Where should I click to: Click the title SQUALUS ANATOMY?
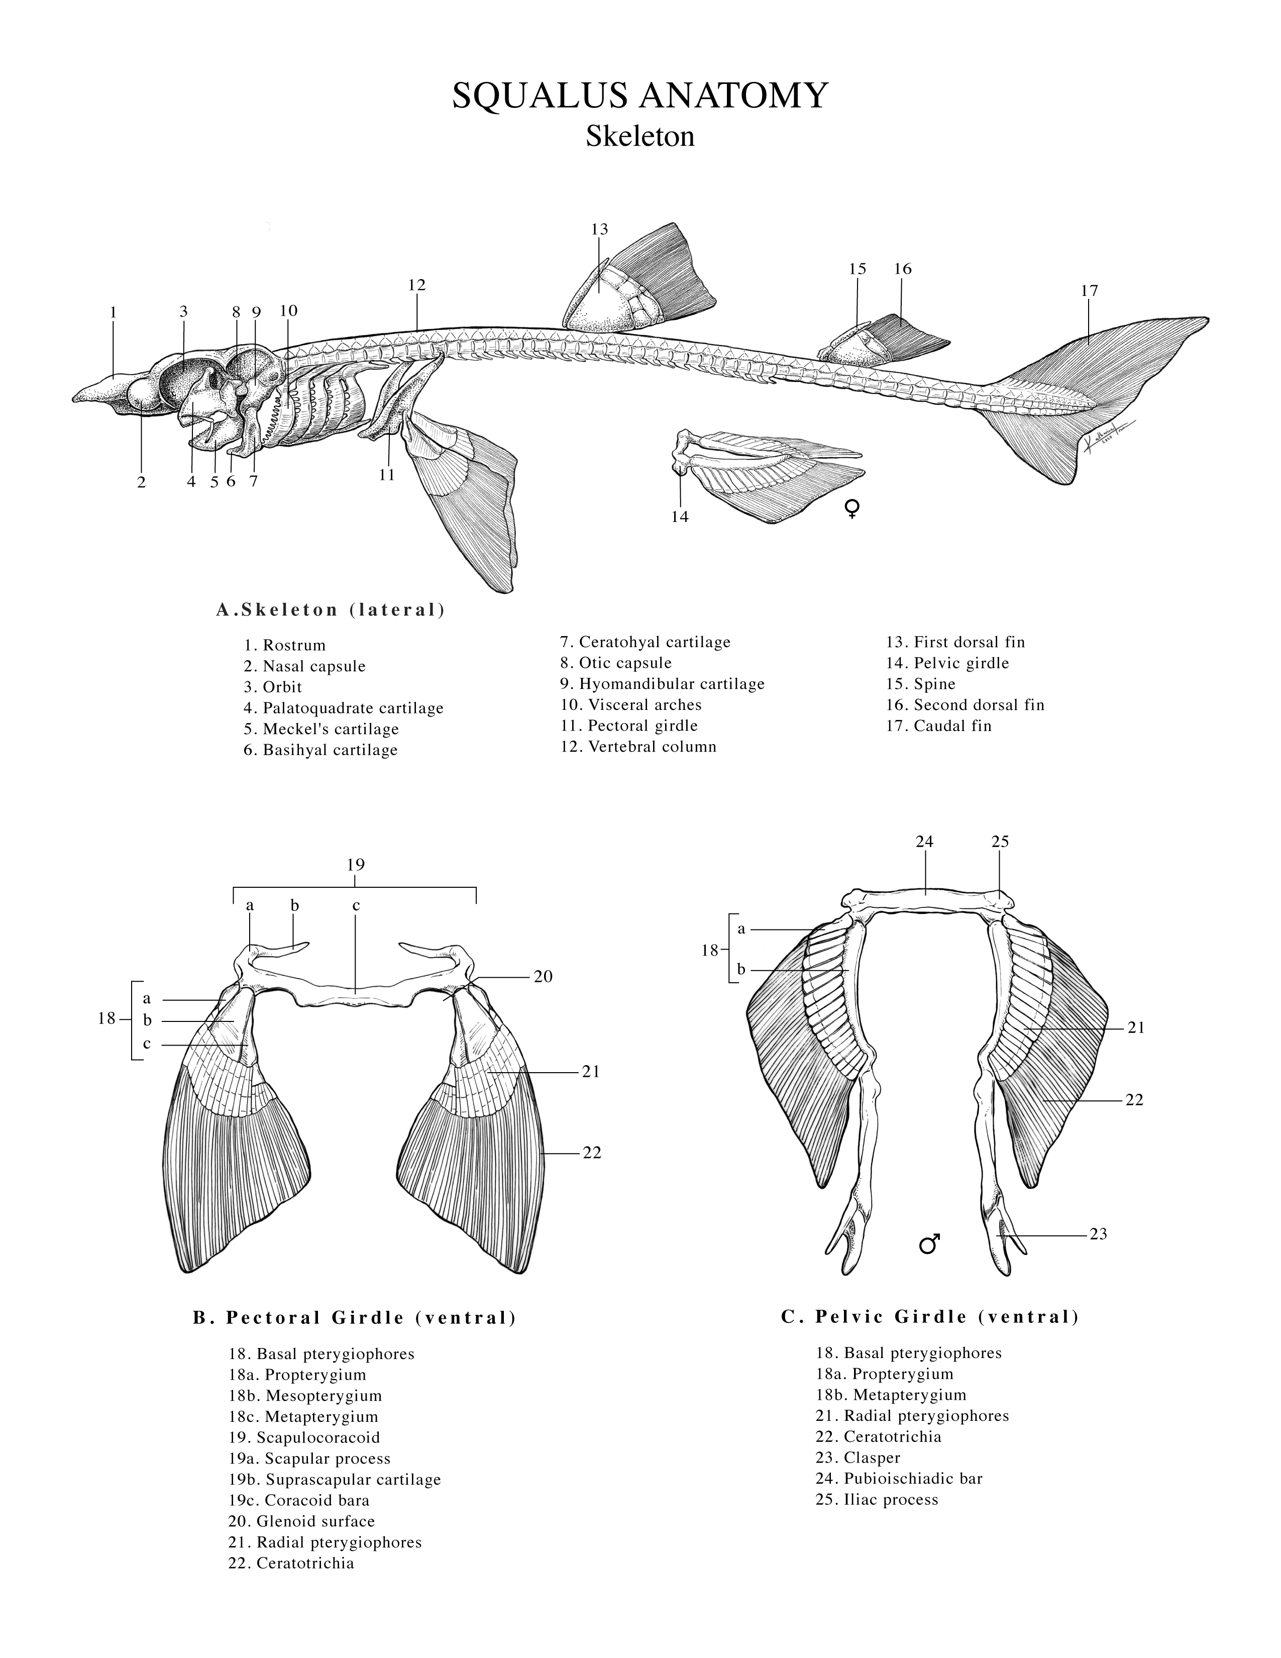click(639, 96)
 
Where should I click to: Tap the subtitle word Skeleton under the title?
click(639, 137)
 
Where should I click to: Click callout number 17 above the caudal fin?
click(1089, 291)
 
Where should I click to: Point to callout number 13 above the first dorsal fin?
click(599, 229)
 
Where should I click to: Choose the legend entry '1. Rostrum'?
click(284, 645)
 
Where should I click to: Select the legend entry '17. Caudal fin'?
click(939, 726)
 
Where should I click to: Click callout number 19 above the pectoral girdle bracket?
click(355, 865)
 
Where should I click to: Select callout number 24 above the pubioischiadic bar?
click(924, 841)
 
